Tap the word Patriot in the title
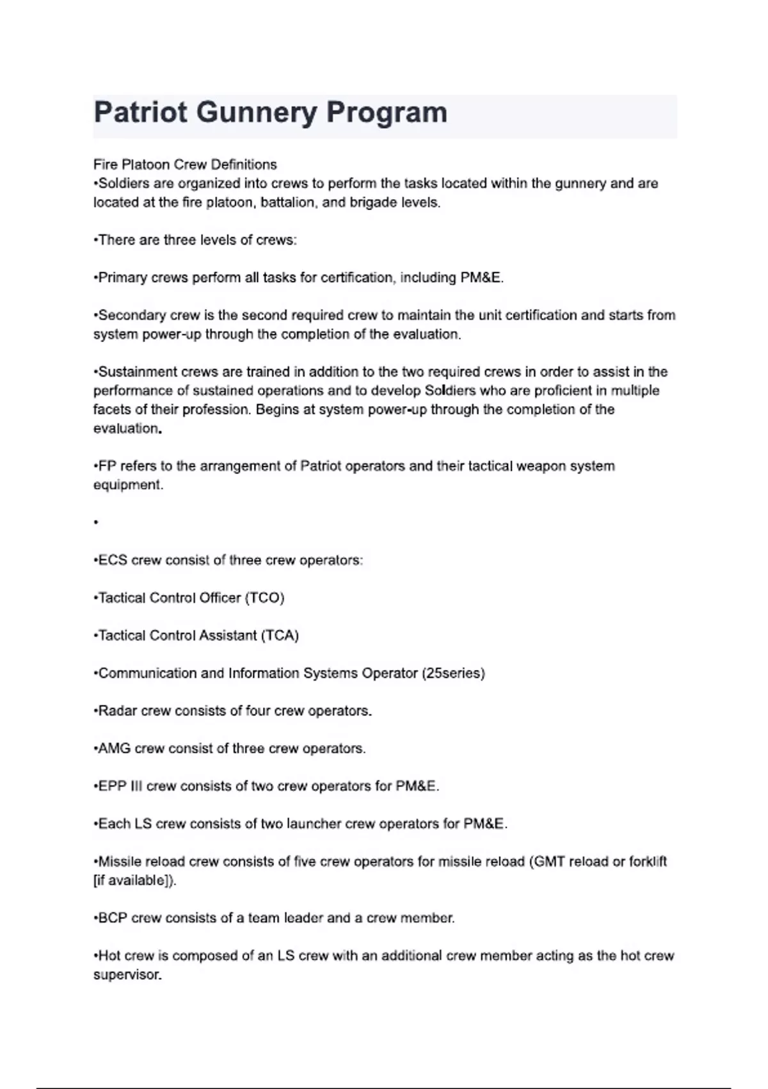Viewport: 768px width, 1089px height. (x=141, y=113)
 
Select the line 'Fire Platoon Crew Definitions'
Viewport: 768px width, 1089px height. (x=185, y=165)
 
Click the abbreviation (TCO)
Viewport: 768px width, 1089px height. (x=264, y=598)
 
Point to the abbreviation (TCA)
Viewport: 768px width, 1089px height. (x=280, y=635)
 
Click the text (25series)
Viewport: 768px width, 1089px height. (x=453, y=673)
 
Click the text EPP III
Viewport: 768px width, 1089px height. (x=120, y=786)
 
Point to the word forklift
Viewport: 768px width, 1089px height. (x=648, y=862)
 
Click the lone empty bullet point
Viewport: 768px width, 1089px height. (x=96, y=523)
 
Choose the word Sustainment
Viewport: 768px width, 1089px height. (x=138, y=372)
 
